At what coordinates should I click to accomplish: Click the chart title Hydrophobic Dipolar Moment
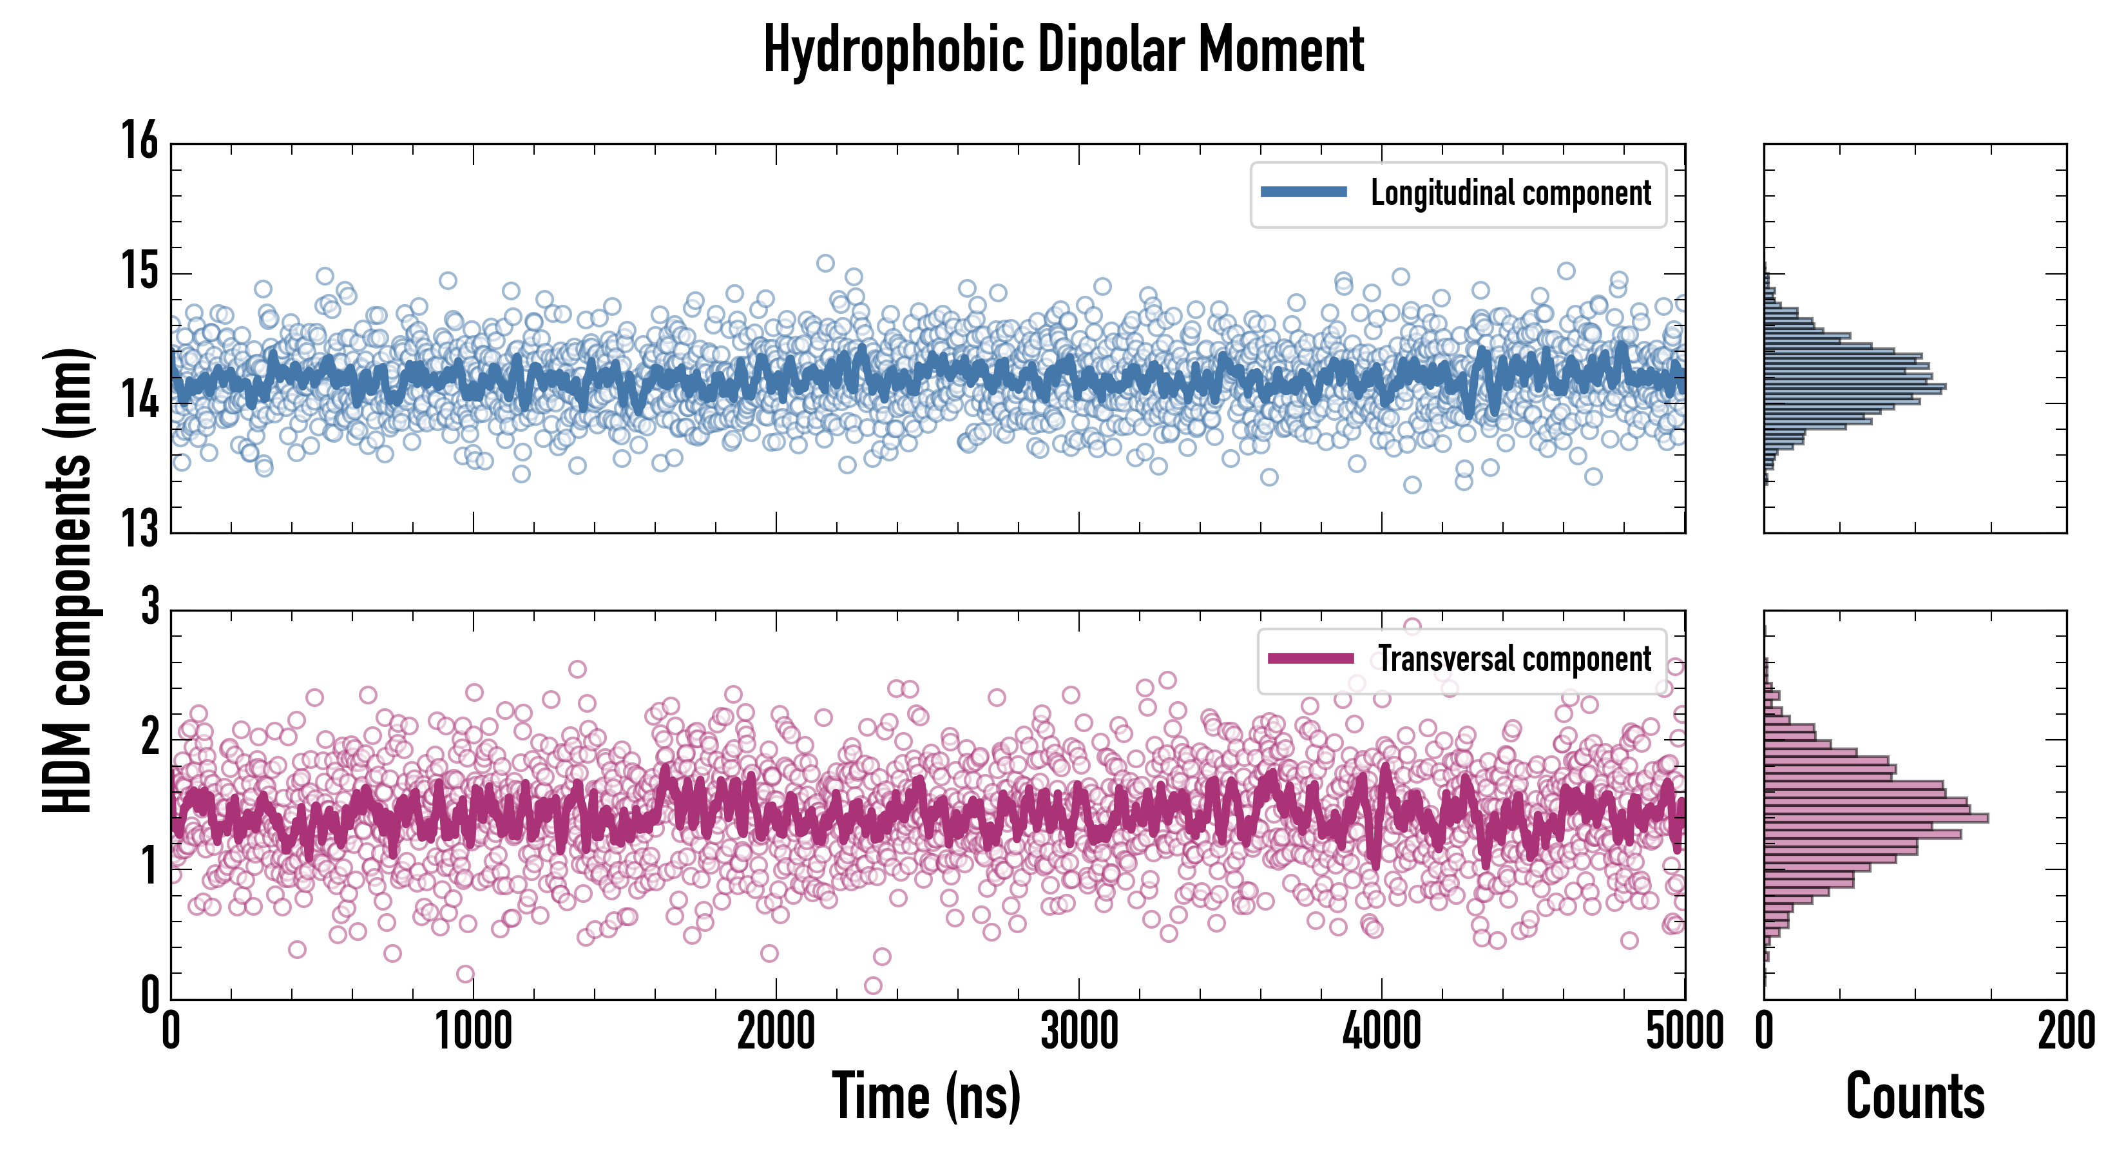[x=1063, y=50]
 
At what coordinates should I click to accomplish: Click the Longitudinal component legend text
[x=1510, y=193]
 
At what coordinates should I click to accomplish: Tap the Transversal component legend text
[x=1515, y=659]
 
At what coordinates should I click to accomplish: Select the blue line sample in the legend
[x=1304, y=193]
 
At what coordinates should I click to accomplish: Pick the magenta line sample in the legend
[x=1310, y=658]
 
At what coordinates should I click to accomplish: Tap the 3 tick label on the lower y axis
[x=149, y=607]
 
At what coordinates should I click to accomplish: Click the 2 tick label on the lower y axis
[x=149, y=737]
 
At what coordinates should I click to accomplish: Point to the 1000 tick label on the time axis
[x=474, y=1032]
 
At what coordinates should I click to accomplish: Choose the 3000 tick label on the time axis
[x=1078, y=1032]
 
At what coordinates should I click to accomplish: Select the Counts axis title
[x=1915, y=1096]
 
